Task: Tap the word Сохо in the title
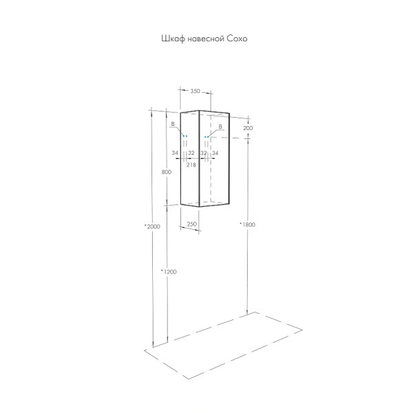pos(237,39)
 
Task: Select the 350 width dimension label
pos(195,91)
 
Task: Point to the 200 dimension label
pos(248,128)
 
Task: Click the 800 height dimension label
pos(166,172)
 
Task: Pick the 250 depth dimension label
pos(192,224)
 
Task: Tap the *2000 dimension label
pos(152,226)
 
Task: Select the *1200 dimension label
pos(169,272)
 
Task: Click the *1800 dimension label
pos(247,224)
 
